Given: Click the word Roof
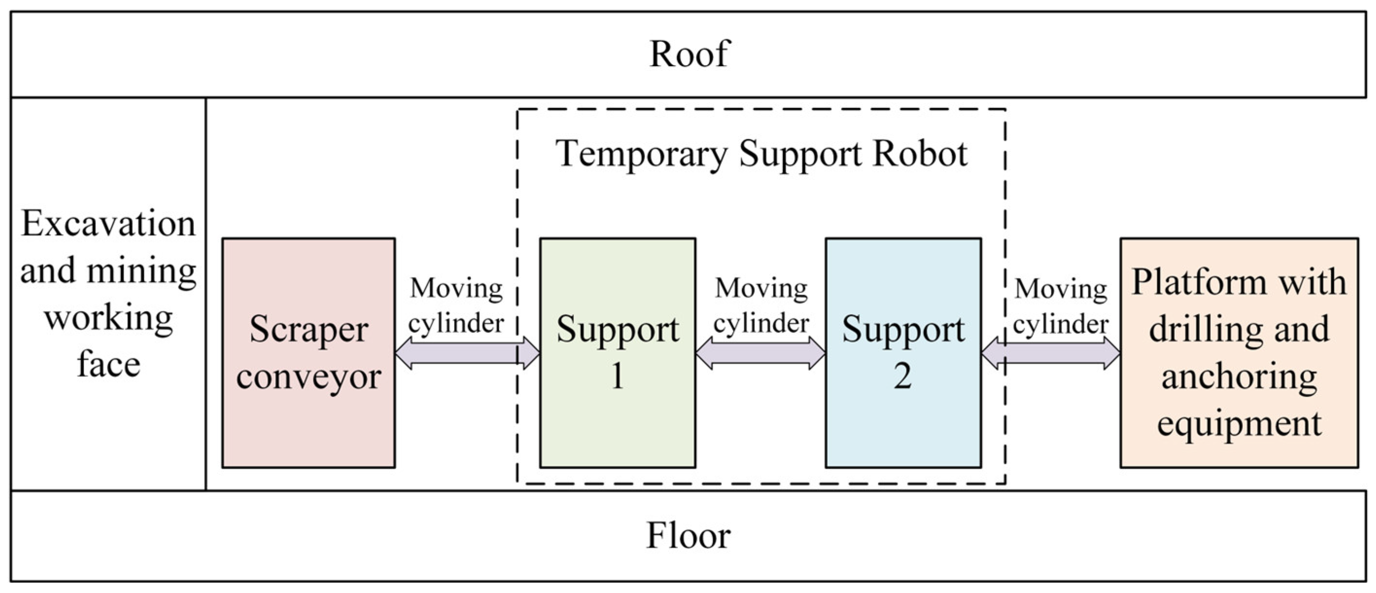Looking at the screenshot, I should tap(689, 54).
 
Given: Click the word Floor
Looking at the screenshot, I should tap(688, 535).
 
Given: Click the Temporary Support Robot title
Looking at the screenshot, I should tap(761, 154).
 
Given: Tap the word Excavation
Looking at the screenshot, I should tap(108, 223).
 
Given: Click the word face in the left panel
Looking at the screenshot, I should tap(108, 365).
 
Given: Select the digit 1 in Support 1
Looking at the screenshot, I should tap(617, 376).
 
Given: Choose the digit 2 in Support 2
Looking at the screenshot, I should tap(903, 376).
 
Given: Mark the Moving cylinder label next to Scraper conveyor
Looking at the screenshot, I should tap(456, 306).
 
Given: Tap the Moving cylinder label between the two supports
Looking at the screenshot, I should tap(761, 306).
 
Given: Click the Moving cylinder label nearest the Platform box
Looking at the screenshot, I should tap(1061, 306).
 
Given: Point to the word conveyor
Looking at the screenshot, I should tap(308, 377).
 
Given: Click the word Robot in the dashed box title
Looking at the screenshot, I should tap(920, 154).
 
